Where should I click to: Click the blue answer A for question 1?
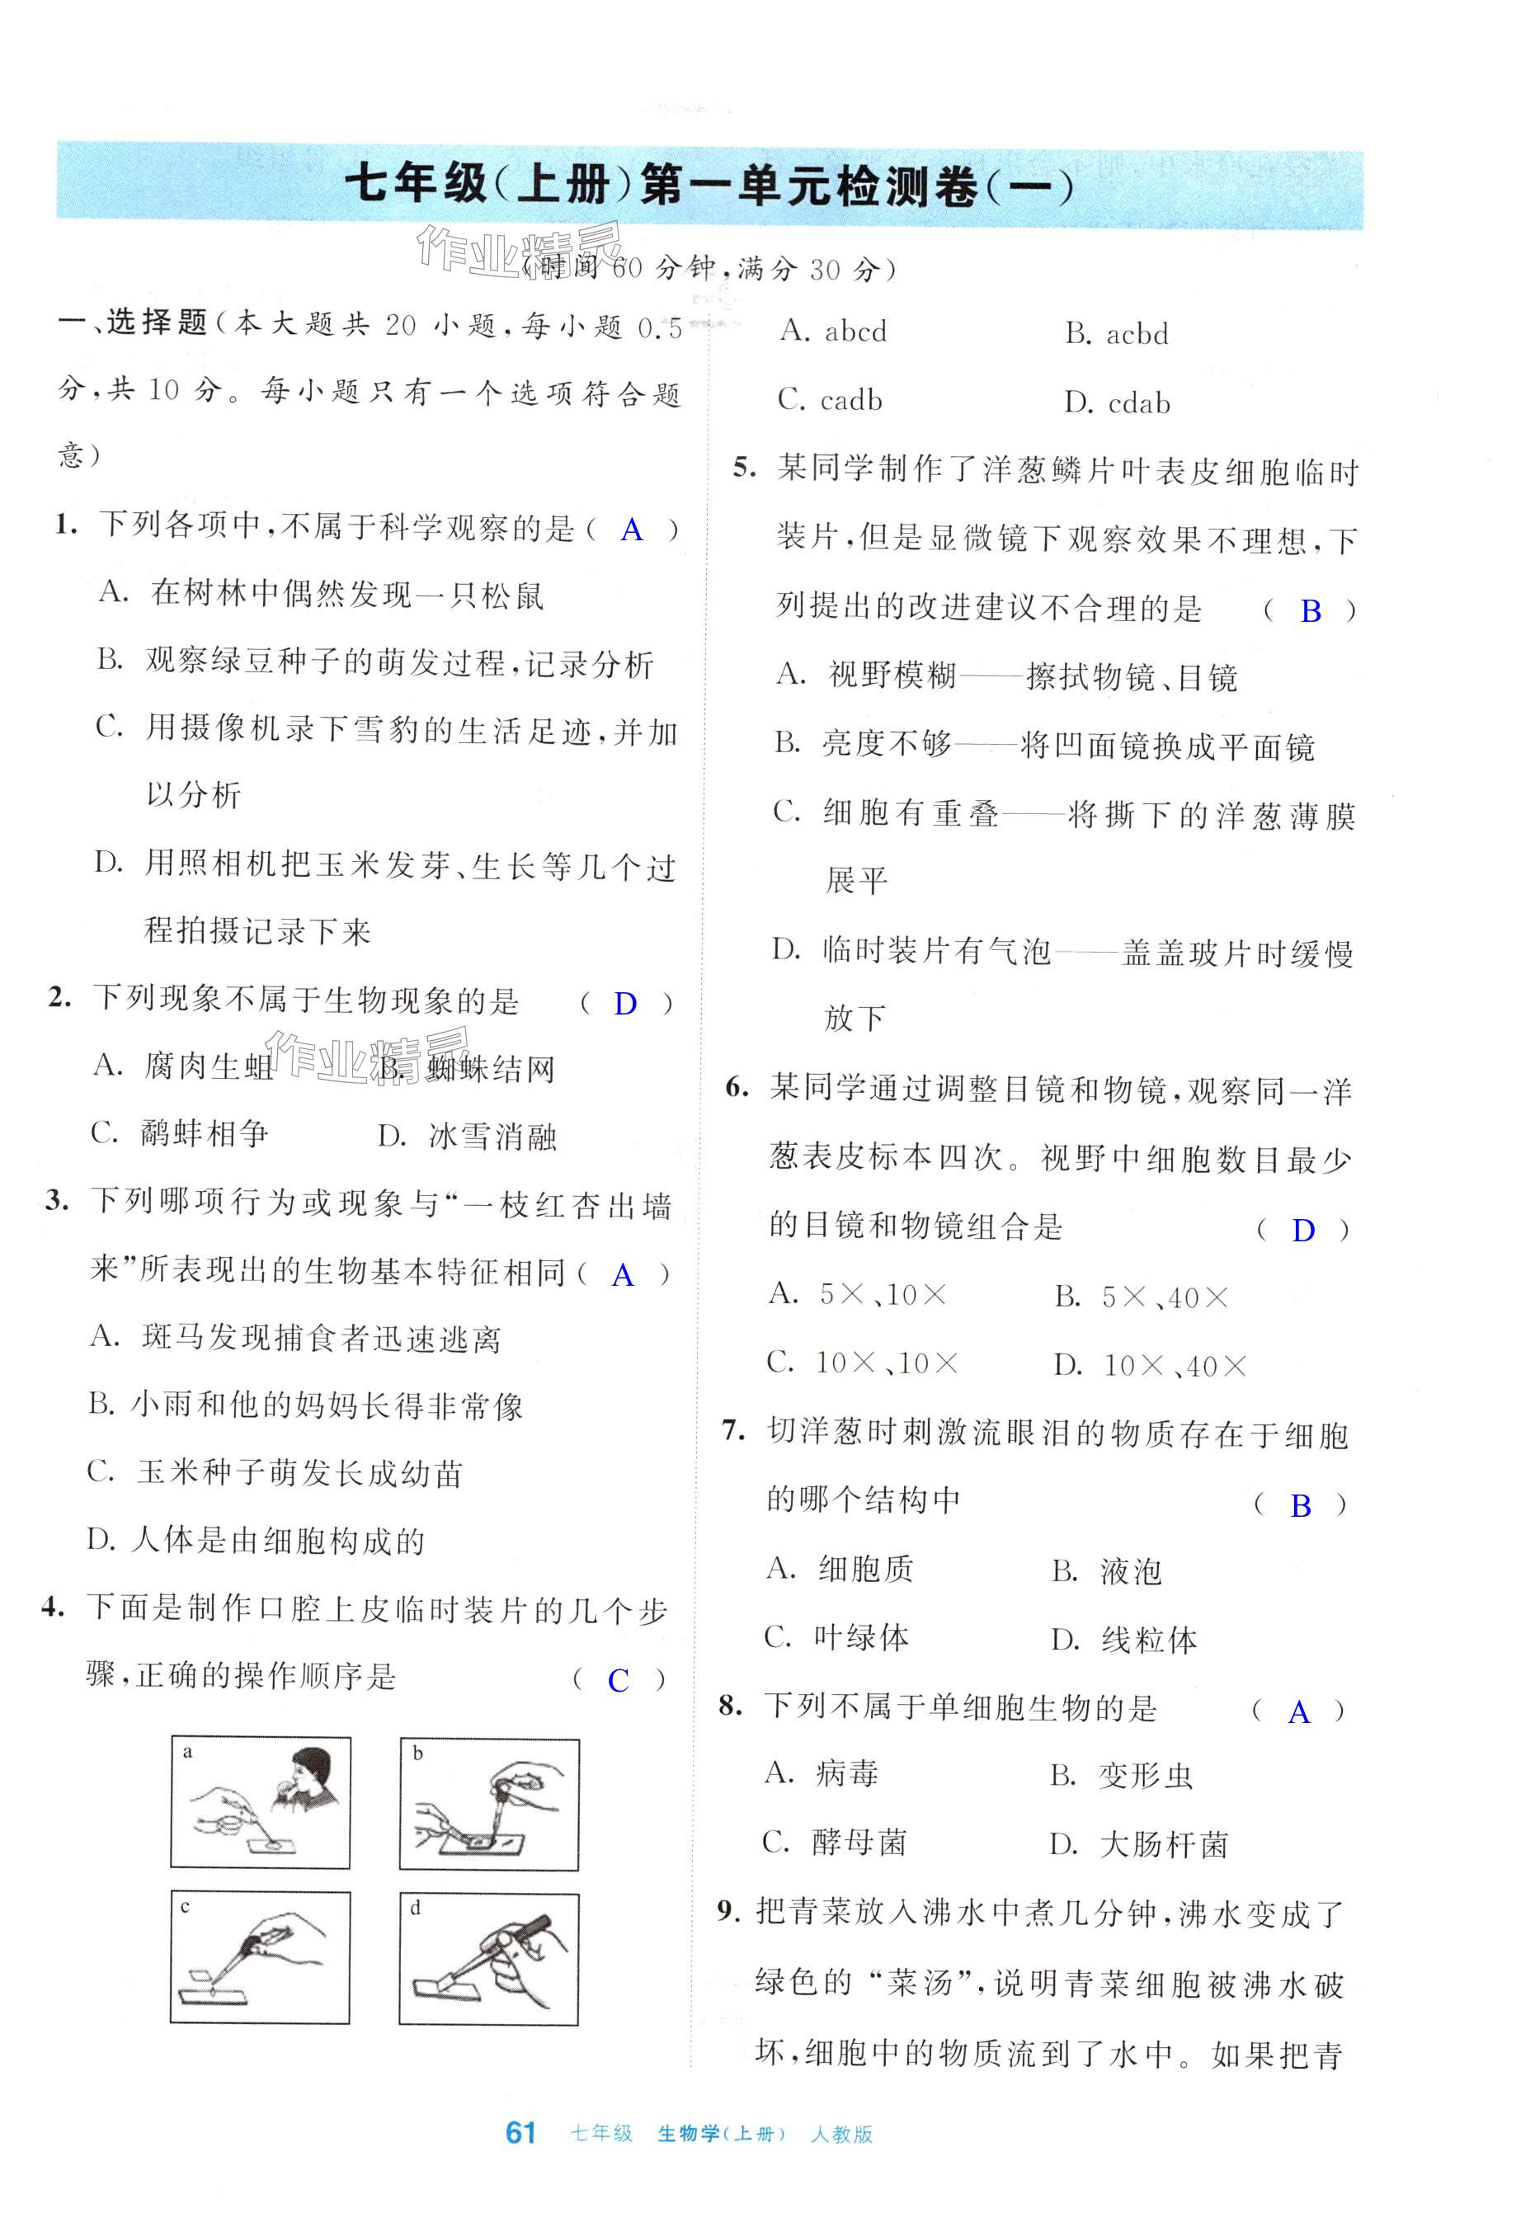632,530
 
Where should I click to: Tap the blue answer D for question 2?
625,1005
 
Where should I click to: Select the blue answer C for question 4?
619,1681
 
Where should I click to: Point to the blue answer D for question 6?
1303,1231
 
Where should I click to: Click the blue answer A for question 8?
1298,1712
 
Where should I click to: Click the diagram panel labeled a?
261,1803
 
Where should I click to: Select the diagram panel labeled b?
490,1804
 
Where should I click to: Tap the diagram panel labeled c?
261,1959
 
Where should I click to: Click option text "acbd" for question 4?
1137,335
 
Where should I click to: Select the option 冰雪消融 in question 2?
493,1137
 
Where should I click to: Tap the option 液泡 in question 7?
1131,1572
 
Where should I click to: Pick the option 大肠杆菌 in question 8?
1164,1844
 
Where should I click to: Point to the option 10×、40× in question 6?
1175,1365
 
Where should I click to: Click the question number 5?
745,468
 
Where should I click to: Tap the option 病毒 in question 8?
847,1774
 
